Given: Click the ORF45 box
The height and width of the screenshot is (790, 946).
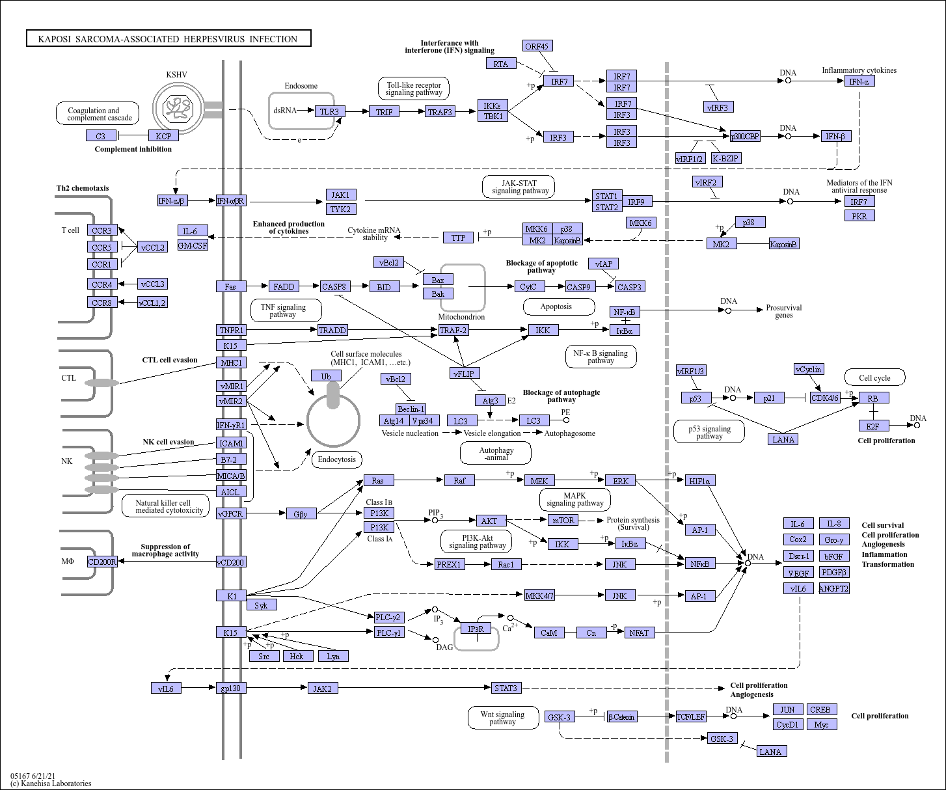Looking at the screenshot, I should coord(537,46).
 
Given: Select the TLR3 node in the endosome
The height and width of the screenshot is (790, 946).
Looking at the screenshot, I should coord(329,111).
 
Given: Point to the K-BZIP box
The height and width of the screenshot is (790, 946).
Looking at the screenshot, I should coord(725,158).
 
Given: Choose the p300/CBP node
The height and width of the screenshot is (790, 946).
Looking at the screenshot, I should coord(745,136).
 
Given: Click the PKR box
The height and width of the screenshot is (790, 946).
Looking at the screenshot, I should coord(859,215).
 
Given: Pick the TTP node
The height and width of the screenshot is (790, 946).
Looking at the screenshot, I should coord(459,238).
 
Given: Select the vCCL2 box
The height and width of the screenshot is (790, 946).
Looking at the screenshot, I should coord(153,247).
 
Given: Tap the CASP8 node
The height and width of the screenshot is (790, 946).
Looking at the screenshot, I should coord(335,286).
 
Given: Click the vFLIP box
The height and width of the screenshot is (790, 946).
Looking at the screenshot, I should coord(465,373).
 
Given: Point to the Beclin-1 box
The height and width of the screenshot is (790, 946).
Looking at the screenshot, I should coord(411,409).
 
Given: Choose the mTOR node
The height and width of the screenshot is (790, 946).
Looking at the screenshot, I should coord(563,520).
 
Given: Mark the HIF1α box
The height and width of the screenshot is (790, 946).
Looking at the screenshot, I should coord(701,480).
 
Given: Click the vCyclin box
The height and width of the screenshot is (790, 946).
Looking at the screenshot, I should coord(809,370).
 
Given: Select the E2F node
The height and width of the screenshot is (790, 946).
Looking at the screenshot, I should coord(873,426).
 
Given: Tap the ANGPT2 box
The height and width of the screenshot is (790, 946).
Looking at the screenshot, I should coord(833,588).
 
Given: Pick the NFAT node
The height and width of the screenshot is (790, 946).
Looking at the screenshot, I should coord(639,632).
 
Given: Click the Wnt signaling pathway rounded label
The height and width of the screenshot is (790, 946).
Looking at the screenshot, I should coord(503,718).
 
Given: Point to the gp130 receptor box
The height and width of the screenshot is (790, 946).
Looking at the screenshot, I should coord(231,688).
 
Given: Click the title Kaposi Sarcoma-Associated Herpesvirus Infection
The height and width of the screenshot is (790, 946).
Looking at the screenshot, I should coord(169,39).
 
